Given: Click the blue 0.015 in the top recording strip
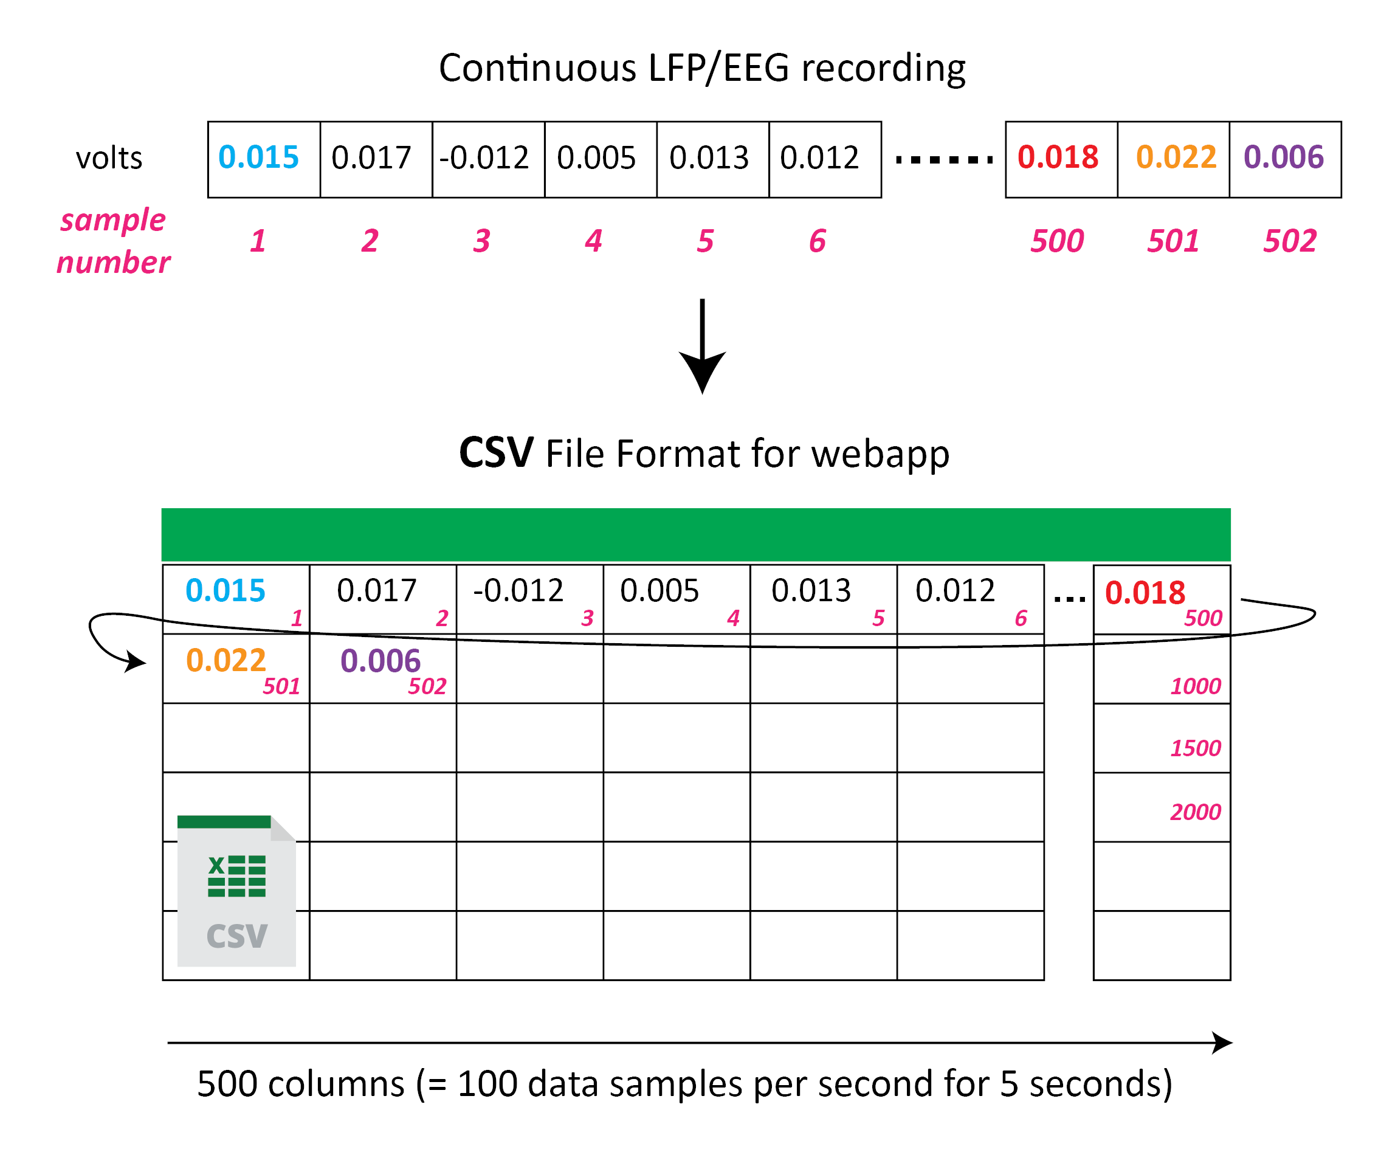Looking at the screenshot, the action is pos(258,157).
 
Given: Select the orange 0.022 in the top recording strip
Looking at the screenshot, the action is pos(1175,157).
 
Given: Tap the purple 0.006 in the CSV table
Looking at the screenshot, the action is pos(380,660).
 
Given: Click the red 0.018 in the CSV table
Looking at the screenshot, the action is pos(1144,592).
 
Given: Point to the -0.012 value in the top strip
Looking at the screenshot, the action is pos(483,157).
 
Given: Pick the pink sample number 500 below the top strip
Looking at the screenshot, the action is pos(1056,240).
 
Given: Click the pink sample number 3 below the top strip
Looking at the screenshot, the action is pos(481,240).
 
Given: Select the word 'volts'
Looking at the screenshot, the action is pos(108,157).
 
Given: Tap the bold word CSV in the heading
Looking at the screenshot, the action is pos(495,453).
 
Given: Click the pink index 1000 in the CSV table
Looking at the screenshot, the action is pos(1194,686).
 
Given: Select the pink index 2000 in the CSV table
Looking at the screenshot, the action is pos(1194,812).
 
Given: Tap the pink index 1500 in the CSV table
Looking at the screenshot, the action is pos(1194,748).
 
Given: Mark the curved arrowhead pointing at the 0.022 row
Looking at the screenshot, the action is pos(136,662).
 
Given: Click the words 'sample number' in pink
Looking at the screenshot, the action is pos(113,240).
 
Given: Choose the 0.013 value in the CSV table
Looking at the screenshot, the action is pos(810,590).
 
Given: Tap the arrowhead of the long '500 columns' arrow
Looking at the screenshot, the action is pos(1222,1043).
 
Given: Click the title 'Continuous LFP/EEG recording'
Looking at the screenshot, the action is pos(701,68).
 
